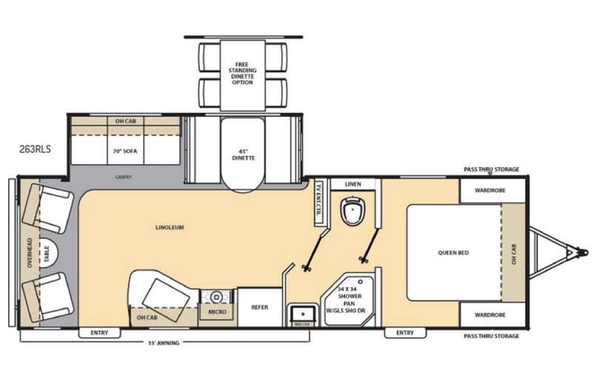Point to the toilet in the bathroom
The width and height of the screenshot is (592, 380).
[x=353, y=213]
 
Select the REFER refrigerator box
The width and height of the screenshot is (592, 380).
[x=259, y=307]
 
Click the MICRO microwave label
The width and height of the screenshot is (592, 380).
[x=216, y=311]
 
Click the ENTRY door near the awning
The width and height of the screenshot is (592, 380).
[x=99, y=332]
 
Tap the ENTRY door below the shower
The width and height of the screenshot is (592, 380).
[x=405, y=332]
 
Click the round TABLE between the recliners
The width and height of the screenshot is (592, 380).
[x=46, y=251]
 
